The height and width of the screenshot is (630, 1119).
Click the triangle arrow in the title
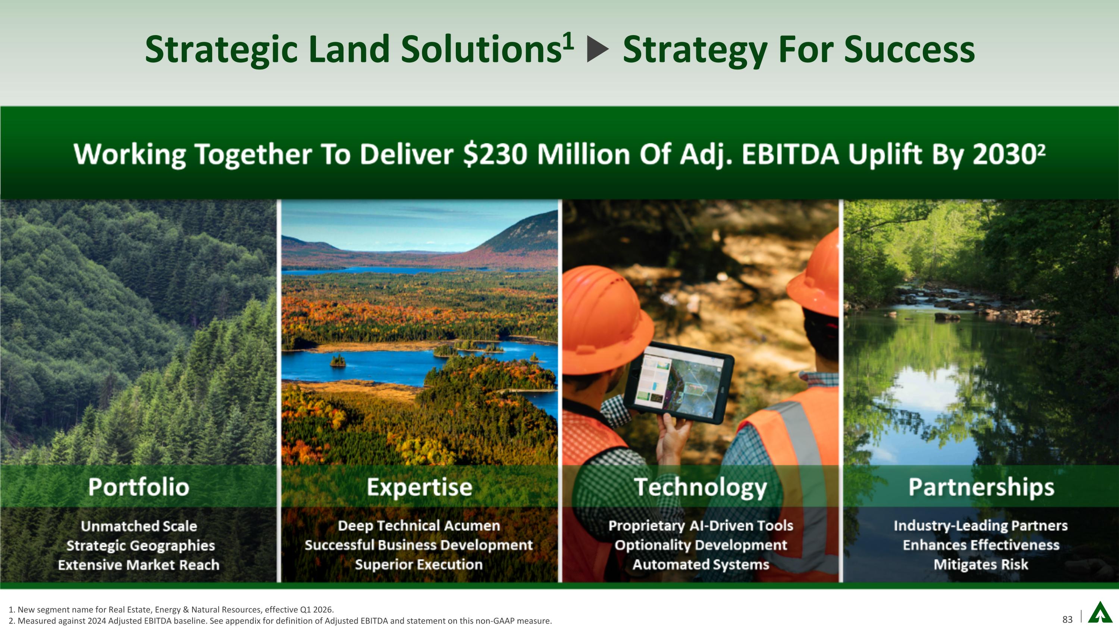click(598, 50)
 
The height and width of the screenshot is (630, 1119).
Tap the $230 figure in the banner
click(495, 154)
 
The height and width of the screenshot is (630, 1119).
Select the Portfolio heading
click(139, 487)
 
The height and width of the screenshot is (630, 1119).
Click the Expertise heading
click(419, 487)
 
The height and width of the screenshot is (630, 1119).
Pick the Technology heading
click(700, 487)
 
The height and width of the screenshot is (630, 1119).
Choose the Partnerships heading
click(981, 487)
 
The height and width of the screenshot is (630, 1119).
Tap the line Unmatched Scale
click(139, 526)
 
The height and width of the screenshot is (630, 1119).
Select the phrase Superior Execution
click(419, 564)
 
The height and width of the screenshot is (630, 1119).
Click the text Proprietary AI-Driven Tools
click(700, 526)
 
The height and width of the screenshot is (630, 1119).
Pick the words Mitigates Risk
click(981, 564)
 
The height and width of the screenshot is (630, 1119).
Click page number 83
click(1067, 620)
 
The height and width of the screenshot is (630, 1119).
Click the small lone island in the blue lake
click(338, 360)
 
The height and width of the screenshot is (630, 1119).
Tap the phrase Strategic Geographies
click(140, 545)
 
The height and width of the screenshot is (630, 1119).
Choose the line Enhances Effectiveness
click(981, 545)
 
